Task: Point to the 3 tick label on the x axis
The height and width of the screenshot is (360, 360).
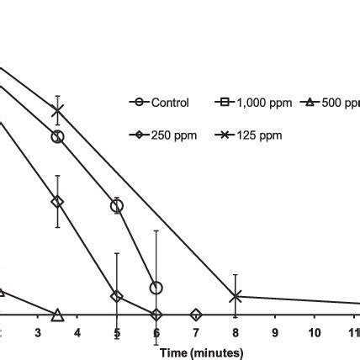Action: click(x=38, y=332)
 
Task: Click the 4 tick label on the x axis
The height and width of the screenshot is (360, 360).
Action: click(x=77, y=332)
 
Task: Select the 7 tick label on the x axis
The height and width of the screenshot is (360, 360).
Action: click(x=196, y=332)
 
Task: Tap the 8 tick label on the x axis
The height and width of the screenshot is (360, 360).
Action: click(x=236, y=332)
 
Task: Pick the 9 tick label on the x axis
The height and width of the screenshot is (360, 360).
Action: click(x=275, y=332)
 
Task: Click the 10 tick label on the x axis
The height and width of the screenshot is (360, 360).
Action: click(x=315, y=332)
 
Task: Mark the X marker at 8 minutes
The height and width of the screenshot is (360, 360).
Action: click(x=236, y=296)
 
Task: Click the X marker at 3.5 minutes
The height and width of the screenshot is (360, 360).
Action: click(x=57, y=111)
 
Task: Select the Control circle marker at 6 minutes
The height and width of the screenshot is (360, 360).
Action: click(x=156, y=288)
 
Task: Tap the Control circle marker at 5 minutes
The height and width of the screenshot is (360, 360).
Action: click(x=117, y=206)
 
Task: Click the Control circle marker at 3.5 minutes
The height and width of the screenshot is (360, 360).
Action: click(x=57, y=137)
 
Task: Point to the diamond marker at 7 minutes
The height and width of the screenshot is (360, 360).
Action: click(x=196, y=315)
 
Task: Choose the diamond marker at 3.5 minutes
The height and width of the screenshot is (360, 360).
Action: click(x=57, y=202)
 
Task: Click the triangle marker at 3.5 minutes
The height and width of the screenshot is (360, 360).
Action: click(x=57, y=315)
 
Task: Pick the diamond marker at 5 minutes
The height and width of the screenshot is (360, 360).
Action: click(x=117, y=296)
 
